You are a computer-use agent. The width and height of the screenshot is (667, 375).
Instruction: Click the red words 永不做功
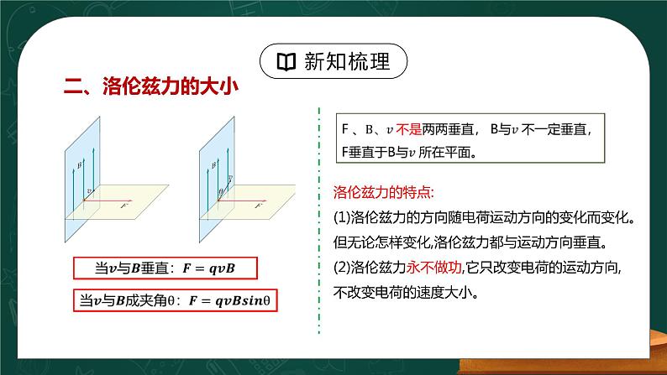pyautogui.click(x=437, y=268)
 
